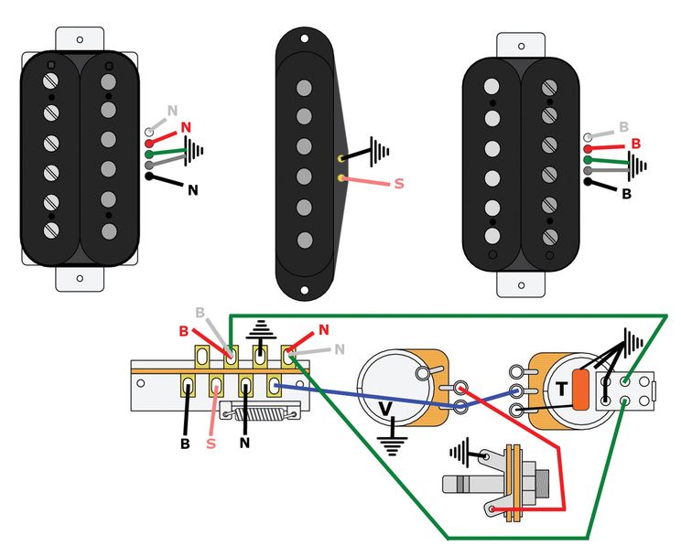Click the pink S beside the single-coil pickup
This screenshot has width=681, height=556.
398,184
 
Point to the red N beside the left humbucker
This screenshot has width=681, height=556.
187,127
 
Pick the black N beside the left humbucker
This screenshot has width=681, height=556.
192,190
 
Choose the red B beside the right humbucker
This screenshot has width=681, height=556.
635,144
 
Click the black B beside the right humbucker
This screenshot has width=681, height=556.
627,194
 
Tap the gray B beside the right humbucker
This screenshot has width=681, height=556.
623,126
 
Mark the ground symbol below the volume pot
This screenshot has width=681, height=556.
394,447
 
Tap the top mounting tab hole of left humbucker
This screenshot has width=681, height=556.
78,38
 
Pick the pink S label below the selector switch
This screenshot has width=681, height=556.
211,444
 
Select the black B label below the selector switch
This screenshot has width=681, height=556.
186,444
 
